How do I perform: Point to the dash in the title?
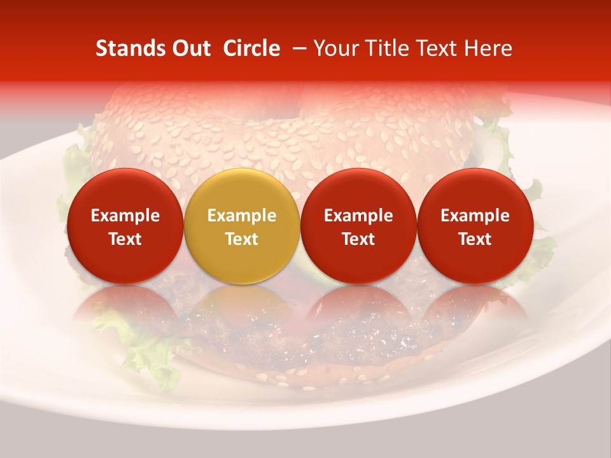click(x=297, y=48)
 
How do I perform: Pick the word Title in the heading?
click(x=381, y=48)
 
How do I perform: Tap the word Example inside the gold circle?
click(x=242, y=216)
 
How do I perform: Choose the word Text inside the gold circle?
click(x=242, y=239)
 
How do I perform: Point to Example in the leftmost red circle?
click(x=125, y=216)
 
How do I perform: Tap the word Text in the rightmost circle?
click(x=475, y=239)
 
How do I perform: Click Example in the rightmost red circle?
click(x=475, y=216)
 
